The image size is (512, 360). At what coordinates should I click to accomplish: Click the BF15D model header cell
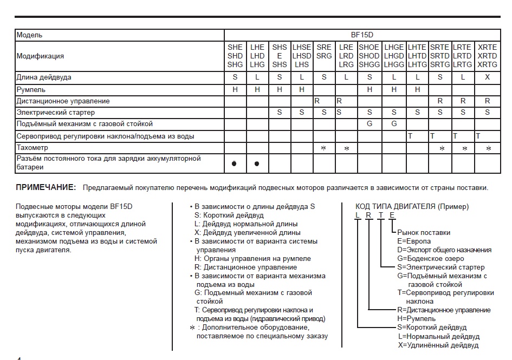coord(362,35)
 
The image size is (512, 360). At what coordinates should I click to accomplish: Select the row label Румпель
coord(31,89)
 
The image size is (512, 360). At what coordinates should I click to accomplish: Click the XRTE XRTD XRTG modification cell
coord(487,56)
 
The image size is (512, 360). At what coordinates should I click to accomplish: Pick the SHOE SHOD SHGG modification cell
coord(369,56)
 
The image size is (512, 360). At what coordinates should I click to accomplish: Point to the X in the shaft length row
coord(487,77)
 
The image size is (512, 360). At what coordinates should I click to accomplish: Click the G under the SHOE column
coord(369,124)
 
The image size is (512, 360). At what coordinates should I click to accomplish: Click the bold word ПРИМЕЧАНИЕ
coord(46,187)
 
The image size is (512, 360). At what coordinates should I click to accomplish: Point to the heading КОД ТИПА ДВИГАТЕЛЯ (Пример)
coord(412,207)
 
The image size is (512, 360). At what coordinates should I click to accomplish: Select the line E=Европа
coord(414,241)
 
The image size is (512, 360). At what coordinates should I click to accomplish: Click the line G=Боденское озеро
coord(431,258)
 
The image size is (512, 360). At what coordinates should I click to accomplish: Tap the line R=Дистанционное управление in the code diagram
coord(444,310)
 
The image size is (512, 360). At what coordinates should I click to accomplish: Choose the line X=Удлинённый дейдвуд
coord(438,345)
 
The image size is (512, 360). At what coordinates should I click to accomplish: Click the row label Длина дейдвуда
coord(44,77)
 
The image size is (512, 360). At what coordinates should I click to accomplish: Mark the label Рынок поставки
coord(424,232)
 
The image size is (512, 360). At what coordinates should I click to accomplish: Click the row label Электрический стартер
coord(56,113)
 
